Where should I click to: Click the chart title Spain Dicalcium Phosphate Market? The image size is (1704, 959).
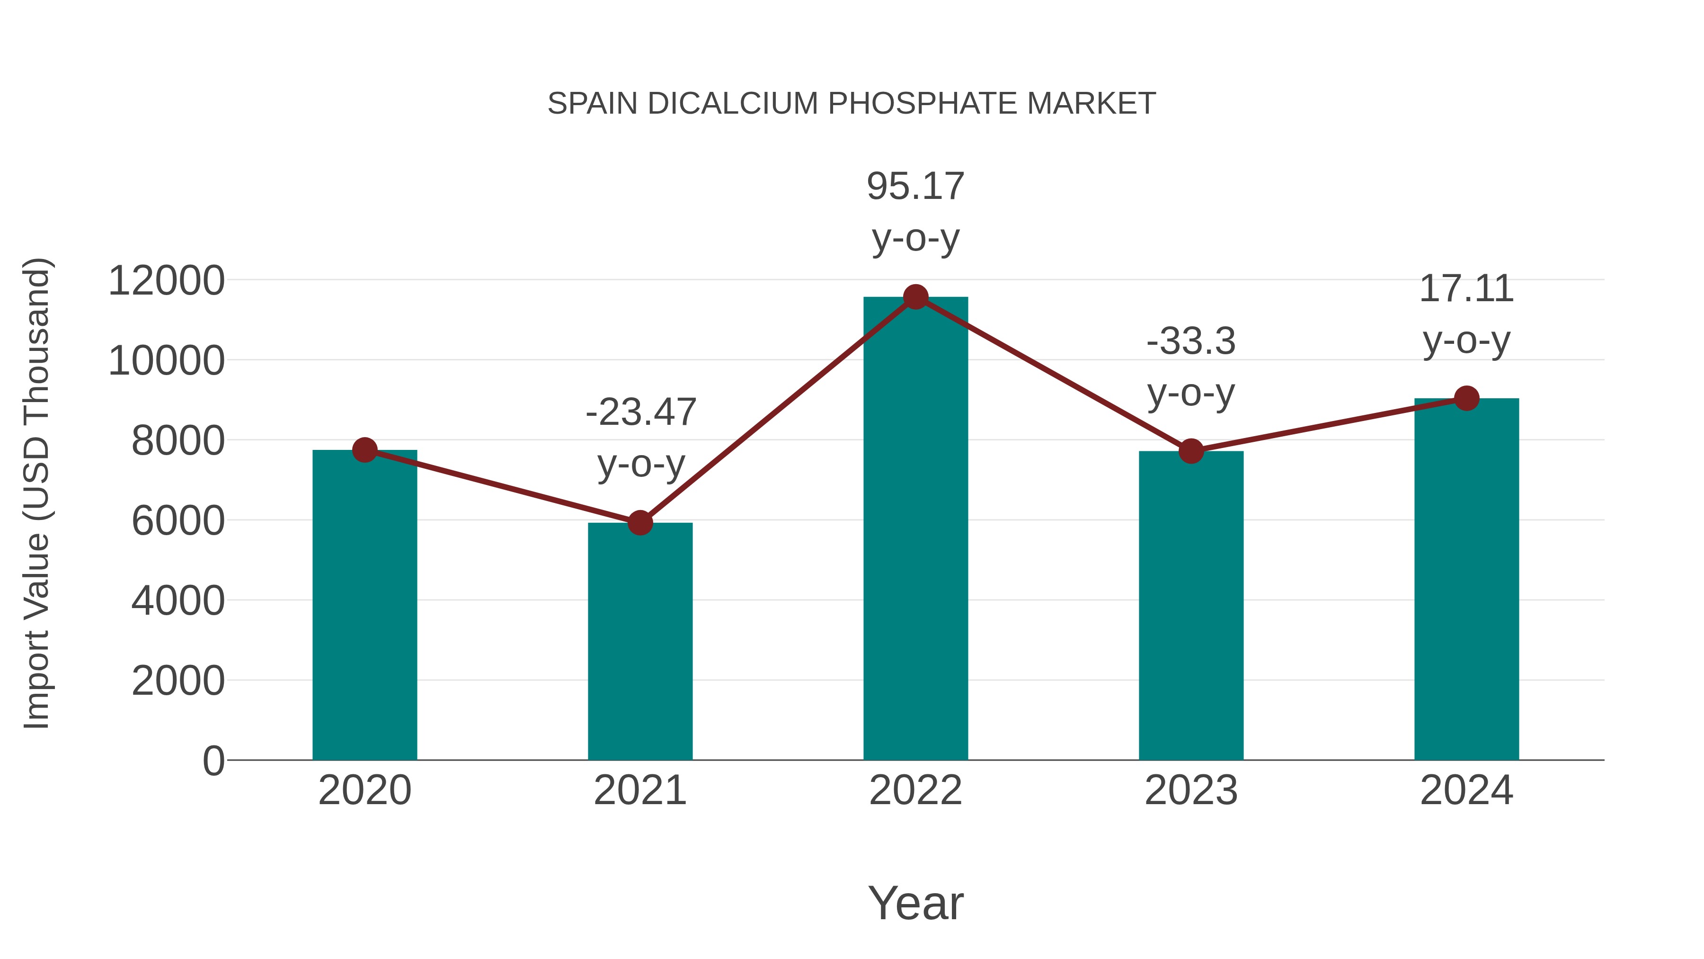click(852, 104)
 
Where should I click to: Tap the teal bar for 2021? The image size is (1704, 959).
click(639, 649)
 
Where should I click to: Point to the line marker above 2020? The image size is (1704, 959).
click(364, 450)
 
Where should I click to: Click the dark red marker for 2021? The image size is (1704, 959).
click(639, 523)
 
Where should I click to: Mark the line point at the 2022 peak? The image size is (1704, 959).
click(915, 297)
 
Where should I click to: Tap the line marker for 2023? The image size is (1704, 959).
click(1191, 451)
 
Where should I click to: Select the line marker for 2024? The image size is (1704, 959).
click(1466, 398)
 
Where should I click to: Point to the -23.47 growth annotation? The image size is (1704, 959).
click(641, 412)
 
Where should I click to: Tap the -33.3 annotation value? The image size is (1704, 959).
click(1191, 342)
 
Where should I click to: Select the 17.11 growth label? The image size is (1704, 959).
click(1466, 289)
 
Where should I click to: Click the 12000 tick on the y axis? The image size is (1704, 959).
click(166, 281)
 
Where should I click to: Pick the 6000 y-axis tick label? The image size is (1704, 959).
click(178, 521)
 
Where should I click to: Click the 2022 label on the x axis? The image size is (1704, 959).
click(915, 790)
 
